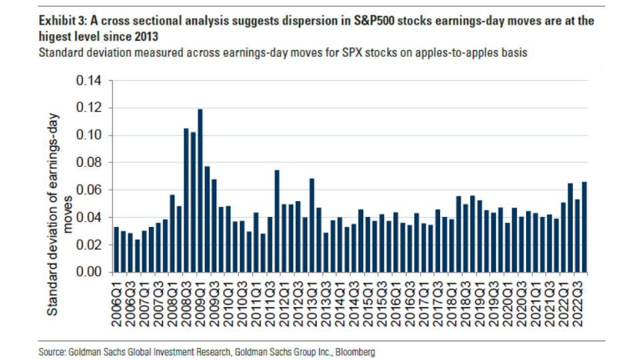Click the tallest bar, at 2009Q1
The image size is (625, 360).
pos(200,190)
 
